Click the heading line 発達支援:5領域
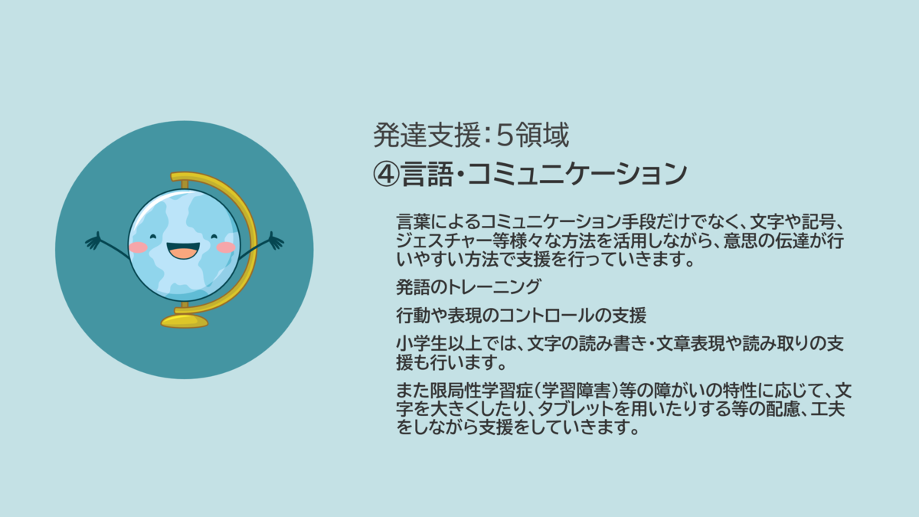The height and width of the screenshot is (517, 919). [471, 135]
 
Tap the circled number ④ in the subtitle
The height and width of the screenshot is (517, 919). [386, 174]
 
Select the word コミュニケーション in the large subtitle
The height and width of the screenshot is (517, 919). [577, 174]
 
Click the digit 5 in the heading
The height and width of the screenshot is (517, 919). [505, 136]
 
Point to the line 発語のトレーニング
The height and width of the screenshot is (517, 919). [469, 286]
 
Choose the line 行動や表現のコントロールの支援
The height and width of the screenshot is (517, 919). [521, 315]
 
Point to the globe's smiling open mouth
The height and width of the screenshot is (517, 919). [183, 250]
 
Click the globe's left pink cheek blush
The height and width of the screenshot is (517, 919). [138, 247]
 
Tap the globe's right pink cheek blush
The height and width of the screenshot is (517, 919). [226, 247]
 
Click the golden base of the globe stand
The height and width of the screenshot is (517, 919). [185, 321]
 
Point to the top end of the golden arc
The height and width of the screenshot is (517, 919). [173, 177]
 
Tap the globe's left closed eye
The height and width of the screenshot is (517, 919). [153, 237]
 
